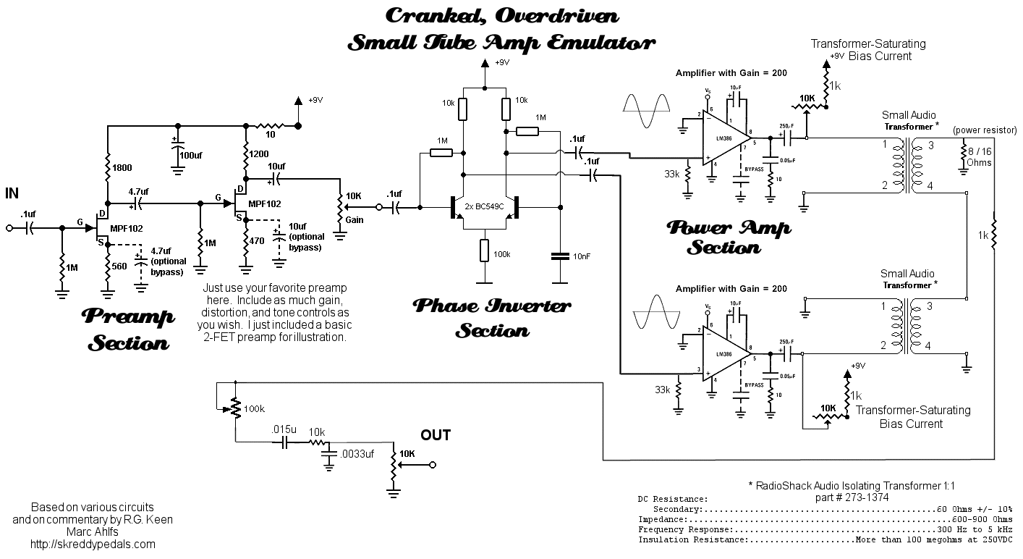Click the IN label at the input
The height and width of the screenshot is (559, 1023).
12,193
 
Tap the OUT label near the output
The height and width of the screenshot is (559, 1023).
436,435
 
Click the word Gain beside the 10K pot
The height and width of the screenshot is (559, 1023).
354,220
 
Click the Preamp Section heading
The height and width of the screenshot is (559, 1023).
129,329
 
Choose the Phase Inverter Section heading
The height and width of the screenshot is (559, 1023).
491,318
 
